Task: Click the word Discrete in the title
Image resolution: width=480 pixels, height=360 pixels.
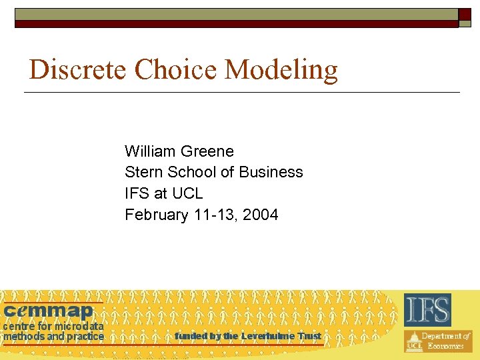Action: click(79, 69)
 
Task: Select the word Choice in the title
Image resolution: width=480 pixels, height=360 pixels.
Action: click(177, 69)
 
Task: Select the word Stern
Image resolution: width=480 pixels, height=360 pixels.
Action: click(143, 172)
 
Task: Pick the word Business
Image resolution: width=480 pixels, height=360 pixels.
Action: click(273, 172)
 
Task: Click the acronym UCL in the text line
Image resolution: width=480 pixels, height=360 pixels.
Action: click(187, 193)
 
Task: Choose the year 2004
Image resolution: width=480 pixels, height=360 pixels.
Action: click(261, 215)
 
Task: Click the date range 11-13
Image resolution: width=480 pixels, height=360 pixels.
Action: click(215, 215)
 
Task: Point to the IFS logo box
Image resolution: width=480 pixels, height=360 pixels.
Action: click(427, 309)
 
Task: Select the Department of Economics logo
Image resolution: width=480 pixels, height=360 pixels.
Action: click(438, 341)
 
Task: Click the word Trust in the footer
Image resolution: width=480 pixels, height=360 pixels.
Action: click(310, 336)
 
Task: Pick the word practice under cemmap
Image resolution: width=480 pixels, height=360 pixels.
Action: click(85, 337)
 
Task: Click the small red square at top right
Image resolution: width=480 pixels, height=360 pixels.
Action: click(465, 14)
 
